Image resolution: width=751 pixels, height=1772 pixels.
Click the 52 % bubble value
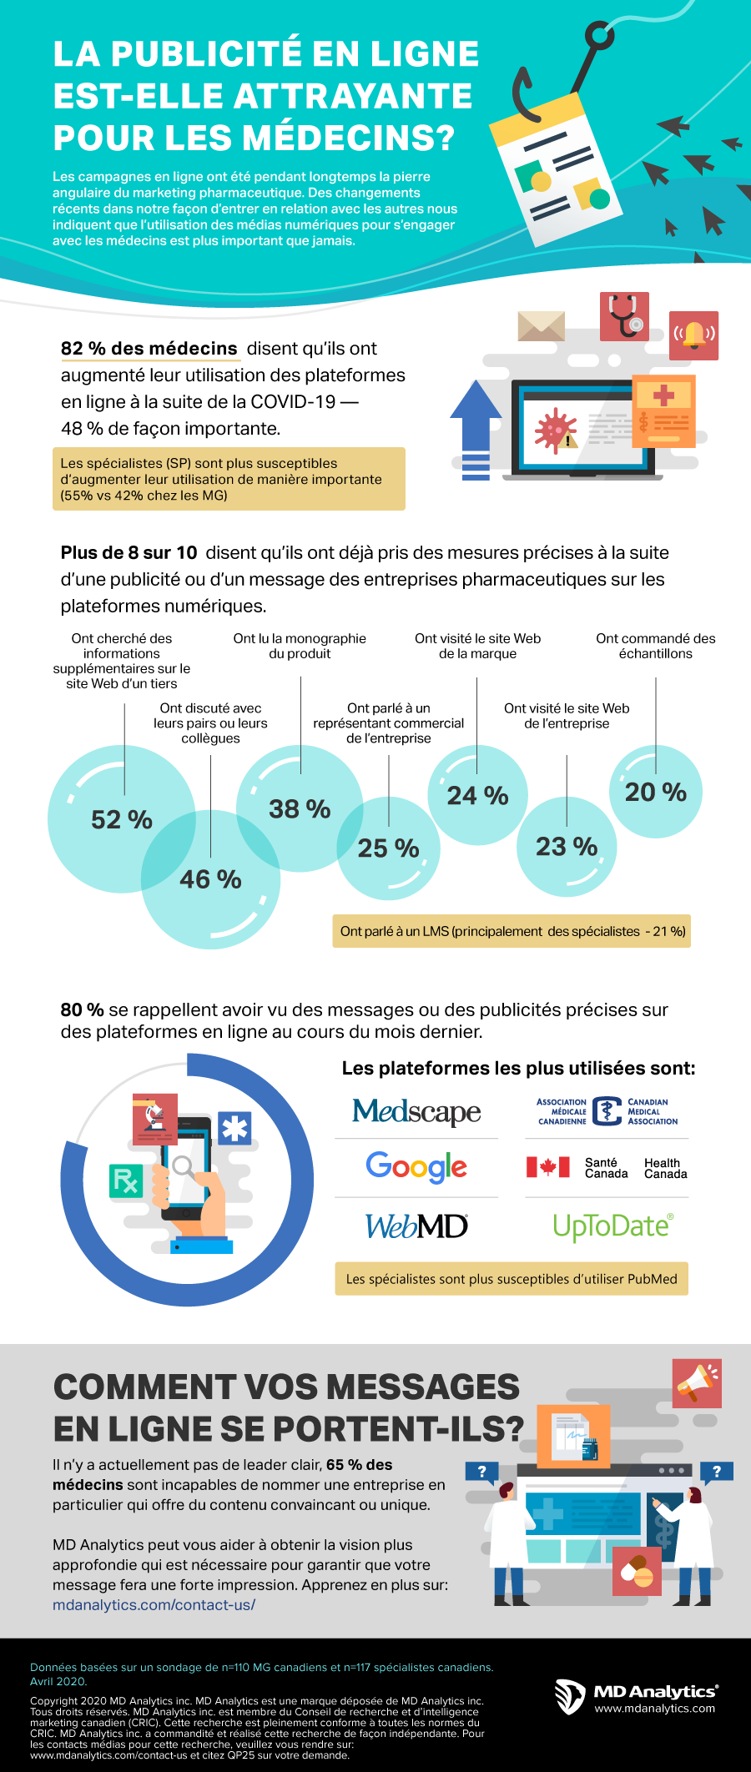tap(122, 820)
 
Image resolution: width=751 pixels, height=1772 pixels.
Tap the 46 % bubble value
tap(210, 879)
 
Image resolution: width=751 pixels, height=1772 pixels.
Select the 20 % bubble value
tap(656, 792)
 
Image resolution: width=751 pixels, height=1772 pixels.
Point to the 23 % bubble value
tap(567, 847)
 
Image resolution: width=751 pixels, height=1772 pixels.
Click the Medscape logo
tap(416, 1111)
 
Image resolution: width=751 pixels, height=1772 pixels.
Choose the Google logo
tap(416, 1166)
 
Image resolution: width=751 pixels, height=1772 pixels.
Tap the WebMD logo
tap(416, 1226)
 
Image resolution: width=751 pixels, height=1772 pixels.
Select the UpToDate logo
tap(612, 1226)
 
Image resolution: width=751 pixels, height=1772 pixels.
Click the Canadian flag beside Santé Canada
tap(547, 1167)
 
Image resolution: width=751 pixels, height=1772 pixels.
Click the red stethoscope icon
tap(624, 316)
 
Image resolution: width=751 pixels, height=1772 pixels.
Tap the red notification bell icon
tap(693, 335)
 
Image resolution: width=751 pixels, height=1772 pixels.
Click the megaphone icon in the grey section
tap(697, 1382)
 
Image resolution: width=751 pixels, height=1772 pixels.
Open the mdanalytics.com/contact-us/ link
tap(154, 1604)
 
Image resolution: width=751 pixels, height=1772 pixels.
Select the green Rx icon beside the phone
tap(126, 1180)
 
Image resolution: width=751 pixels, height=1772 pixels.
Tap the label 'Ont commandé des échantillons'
tap(655, 646)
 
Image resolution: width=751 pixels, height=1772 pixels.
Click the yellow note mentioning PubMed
tap(511, 1279)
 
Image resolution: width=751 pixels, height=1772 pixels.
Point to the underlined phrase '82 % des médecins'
tap(149, 349)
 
